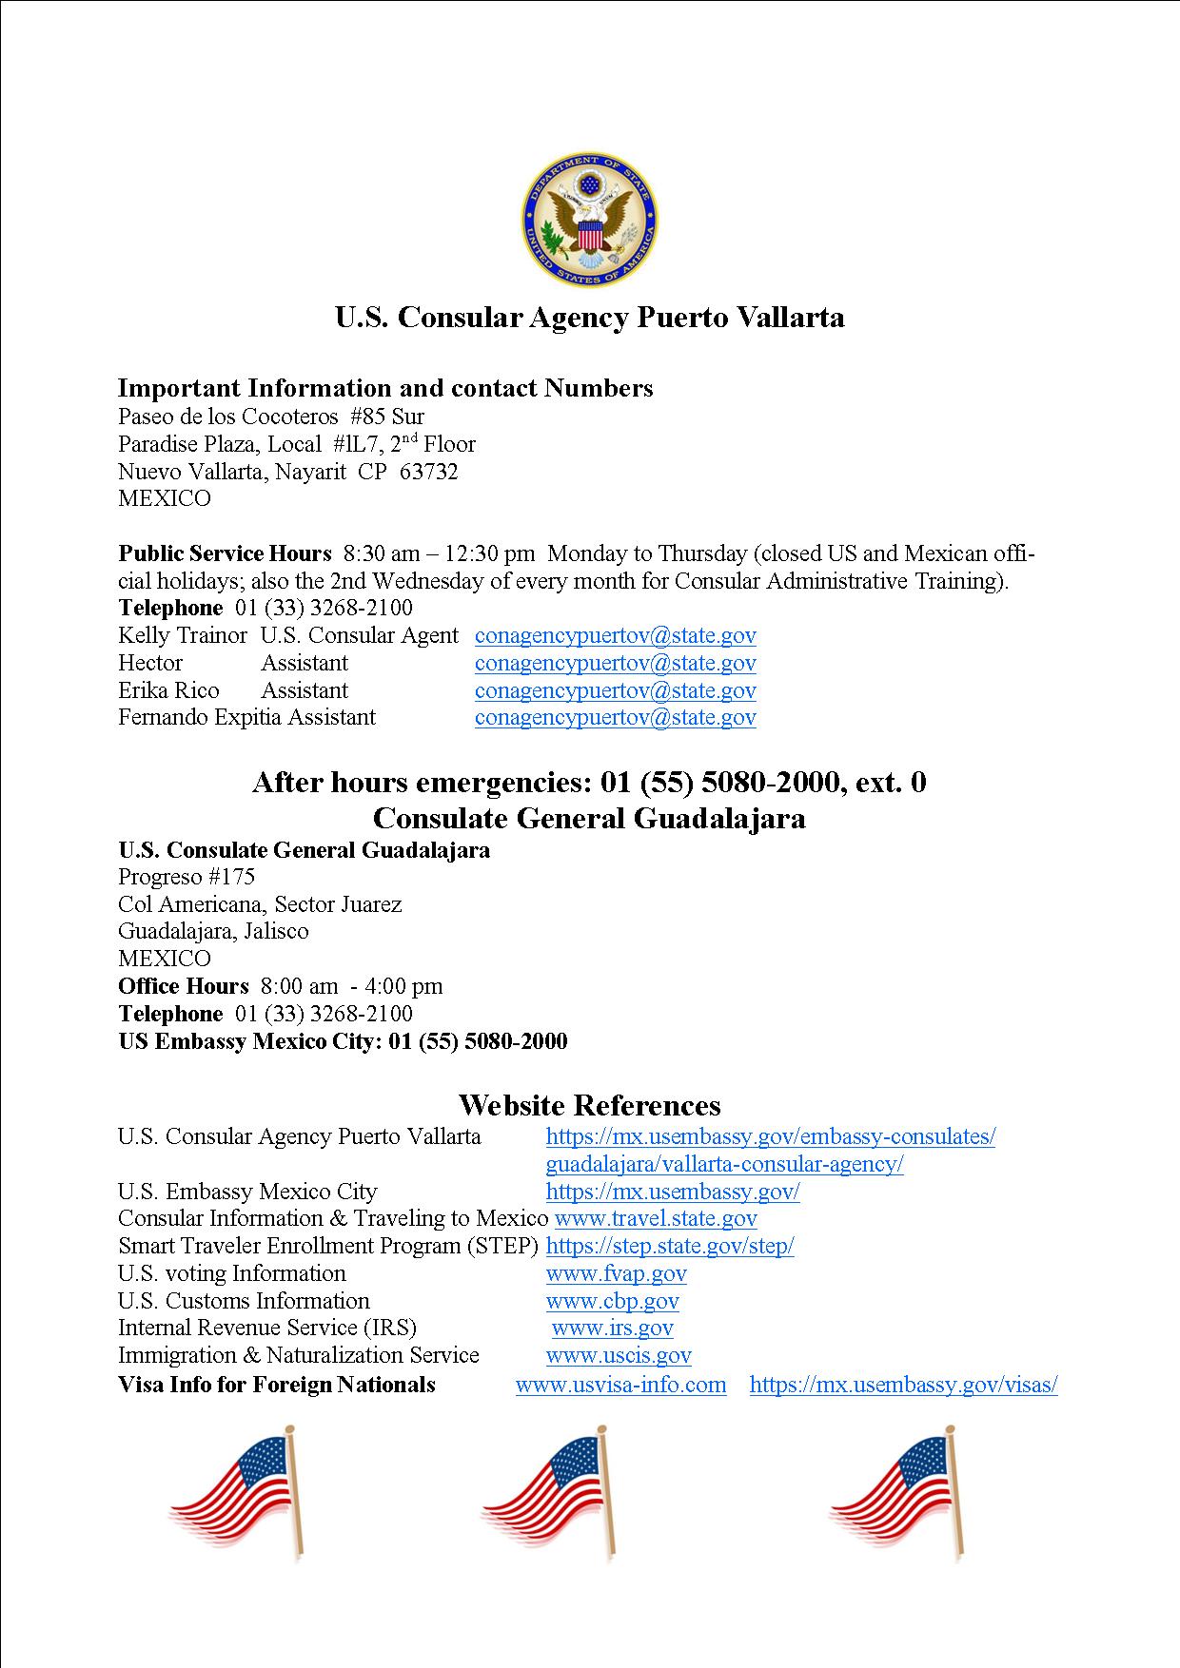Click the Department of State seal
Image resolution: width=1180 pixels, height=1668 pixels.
tap(589, 220)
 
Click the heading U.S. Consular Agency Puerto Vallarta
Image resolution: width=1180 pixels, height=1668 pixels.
tap(589, 317)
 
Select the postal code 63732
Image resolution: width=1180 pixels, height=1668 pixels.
tap(428, 472)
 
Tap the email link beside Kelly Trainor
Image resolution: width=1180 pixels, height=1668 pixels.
tap(615, 635)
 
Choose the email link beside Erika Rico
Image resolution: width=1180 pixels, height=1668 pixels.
tap(615, 690)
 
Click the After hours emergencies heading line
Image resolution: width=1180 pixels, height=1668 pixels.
tap(589, 783)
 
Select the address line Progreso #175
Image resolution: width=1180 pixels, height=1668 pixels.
tap(187, 877)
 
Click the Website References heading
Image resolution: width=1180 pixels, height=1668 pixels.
tap(589, 1105)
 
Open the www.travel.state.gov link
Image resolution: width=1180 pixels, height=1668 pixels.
tap(656, 1218)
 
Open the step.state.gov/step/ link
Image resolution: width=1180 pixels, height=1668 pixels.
tap(670, 1246)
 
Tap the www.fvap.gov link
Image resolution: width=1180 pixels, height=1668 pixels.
tap(616, 1273)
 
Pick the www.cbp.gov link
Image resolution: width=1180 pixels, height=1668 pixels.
tap(612, 1301)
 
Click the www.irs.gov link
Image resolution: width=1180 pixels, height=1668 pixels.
tap(612, 1328)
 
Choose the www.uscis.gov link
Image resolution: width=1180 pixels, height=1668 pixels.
tap(619, 1355)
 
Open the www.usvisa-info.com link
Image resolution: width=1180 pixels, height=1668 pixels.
tap(620, 1385)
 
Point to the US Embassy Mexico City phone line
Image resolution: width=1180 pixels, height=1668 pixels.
tap(343, 1041)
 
